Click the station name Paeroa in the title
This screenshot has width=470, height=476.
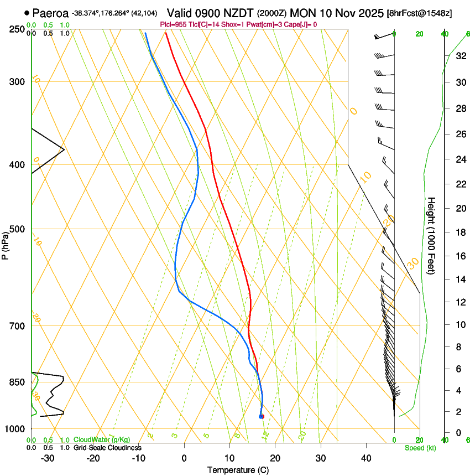[50, 13]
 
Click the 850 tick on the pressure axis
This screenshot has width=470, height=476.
[18, 382]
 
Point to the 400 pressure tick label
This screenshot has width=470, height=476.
[18, 164]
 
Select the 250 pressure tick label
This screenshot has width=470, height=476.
[18, 29]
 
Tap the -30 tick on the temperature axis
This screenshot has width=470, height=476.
[48, 458]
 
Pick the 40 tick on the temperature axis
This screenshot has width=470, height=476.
[366, 458]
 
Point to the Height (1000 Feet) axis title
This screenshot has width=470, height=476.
[432, 236]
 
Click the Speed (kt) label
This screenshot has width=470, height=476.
[420, 448]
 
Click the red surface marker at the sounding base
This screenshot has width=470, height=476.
[262, 416]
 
